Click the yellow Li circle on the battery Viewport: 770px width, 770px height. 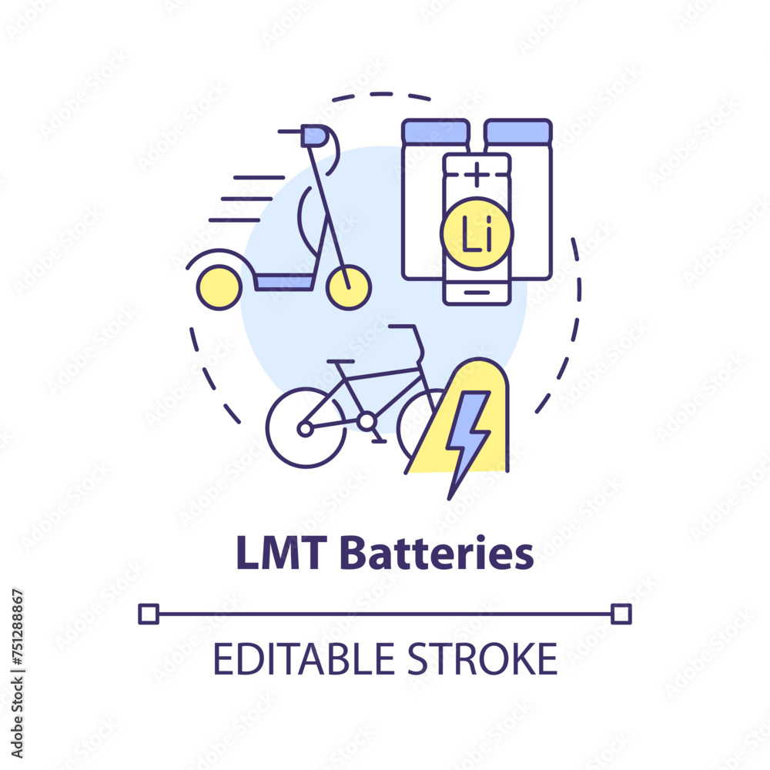pos(477,233)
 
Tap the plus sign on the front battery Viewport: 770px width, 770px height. pos(477,174)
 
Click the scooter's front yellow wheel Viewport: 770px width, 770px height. pos(349,287)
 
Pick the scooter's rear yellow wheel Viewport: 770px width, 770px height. pos(219,287)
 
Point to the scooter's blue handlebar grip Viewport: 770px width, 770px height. pos(314,136)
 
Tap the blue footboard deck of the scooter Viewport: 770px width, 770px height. pos(284,283)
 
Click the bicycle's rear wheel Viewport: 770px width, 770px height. pos(306,427)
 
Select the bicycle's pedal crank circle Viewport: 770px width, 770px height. pos(367,421)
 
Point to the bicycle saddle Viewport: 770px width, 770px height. pos(341,361)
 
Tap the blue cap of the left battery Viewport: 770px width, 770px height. pos(436,131)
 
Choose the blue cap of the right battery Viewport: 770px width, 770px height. pos(518,131)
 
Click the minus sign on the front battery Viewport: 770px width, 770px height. pos(477,292)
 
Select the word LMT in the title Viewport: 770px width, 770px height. pos(281,553)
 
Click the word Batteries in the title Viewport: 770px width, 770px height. pos(437,553)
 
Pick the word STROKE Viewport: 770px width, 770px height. pos(483,659)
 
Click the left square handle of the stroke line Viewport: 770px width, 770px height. pos(149,614)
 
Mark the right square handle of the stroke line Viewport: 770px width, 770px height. pos(621,614)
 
